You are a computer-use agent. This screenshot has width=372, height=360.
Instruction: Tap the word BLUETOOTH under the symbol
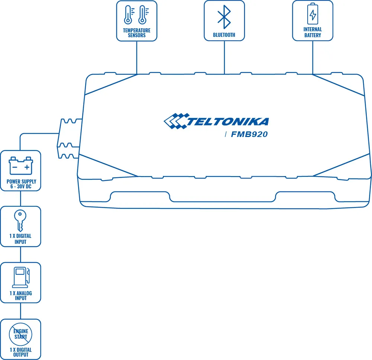coord(224,35)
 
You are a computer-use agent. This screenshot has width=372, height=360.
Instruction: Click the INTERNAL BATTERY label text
coord(312,32)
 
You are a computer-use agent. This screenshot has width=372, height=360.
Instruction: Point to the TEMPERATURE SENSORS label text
coord(137,33)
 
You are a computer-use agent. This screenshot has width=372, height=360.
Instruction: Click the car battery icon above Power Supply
coord(21,166)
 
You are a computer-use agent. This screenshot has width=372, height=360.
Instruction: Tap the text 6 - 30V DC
coord(21,187)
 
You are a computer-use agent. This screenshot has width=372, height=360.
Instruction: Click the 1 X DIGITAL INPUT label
coord(20,239)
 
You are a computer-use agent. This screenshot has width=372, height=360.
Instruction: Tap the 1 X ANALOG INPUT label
coord(20,296)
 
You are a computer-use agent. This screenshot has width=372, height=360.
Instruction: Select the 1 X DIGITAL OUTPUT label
coord(20,352)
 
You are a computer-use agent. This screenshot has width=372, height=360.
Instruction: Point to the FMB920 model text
coord(249,134)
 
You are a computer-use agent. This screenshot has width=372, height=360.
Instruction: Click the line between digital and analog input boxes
coord(20,255)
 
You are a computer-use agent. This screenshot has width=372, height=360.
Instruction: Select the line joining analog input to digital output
coord(20,310)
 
